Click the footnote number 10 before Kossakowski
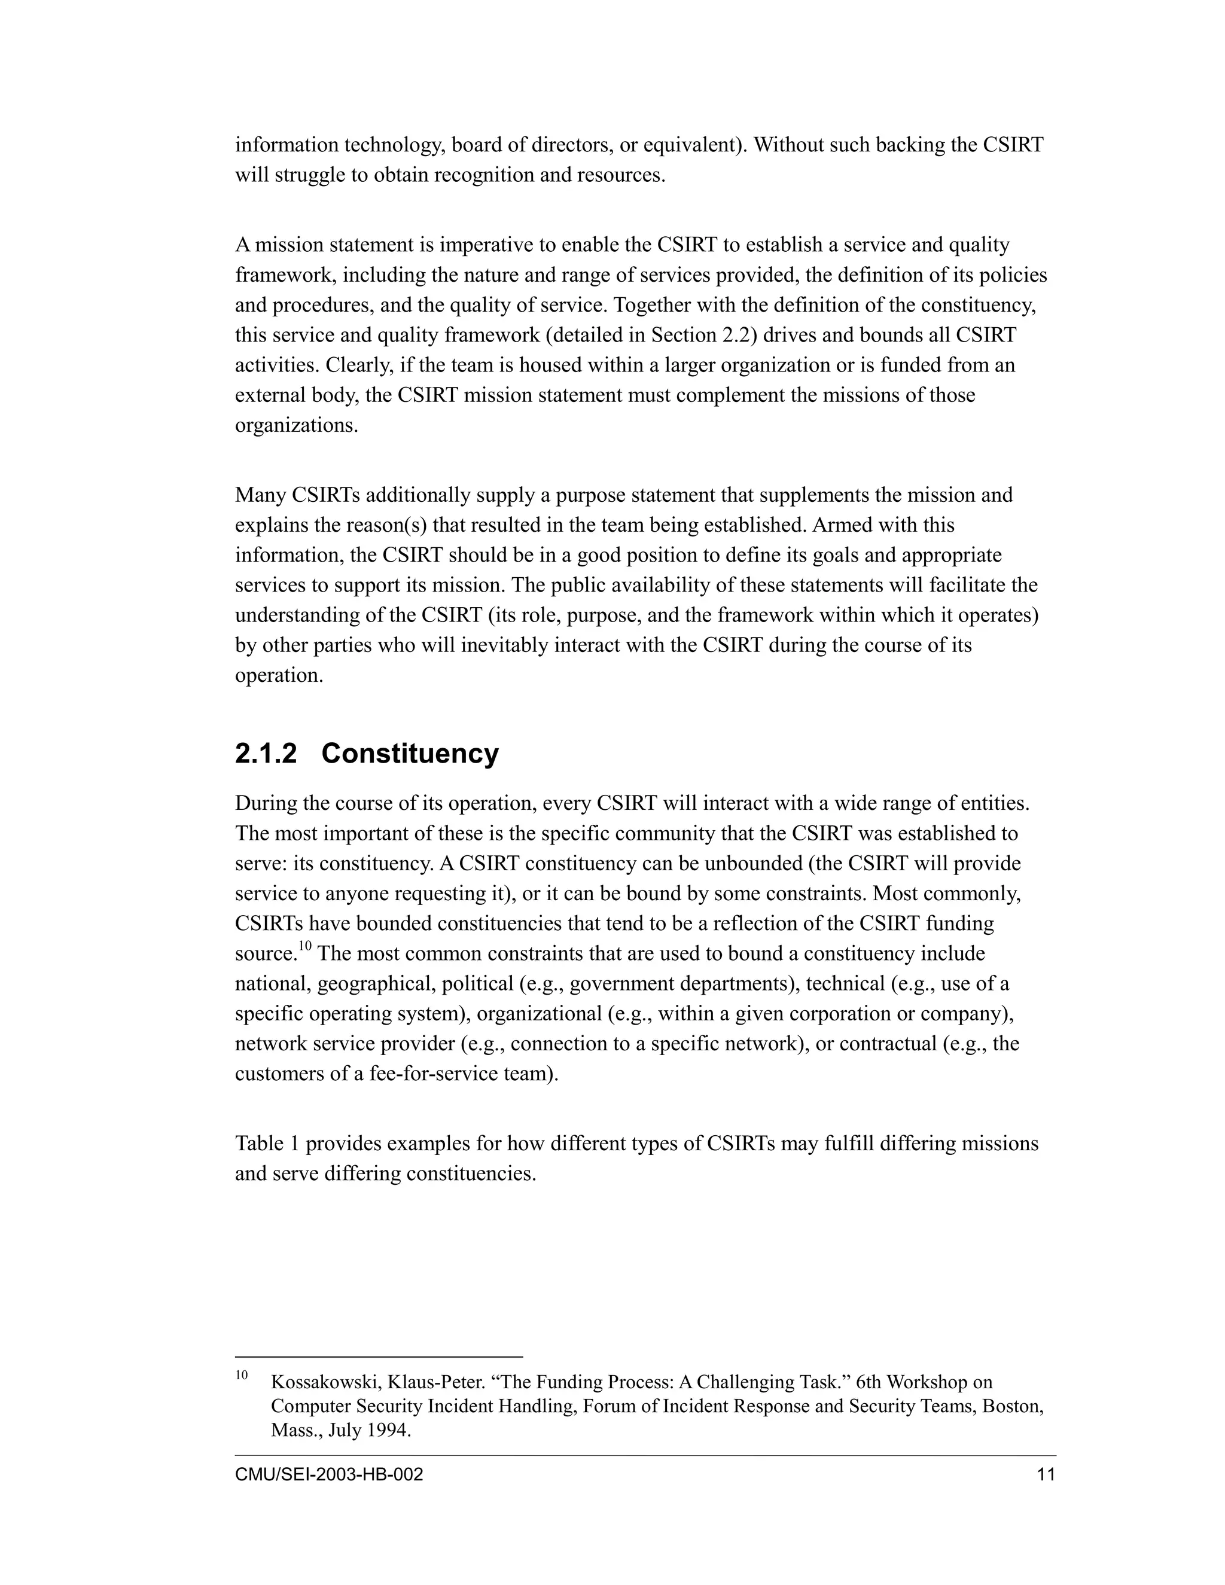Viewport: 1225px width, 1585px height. [242, 1374]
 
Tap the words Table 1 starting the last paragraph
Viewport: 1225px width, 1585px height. [267, 1144]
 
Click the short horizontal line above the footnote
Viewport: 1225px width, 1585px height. [378, 1357]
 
